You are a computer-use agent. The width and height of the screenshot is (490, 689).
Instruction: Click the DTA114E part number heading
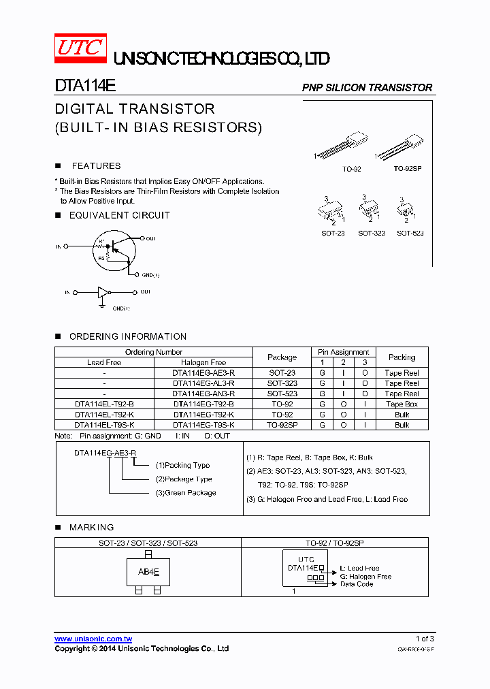(x=85, y=87)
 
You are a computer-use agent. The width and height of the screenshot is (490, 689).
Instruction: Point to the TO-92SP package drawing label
(x=408, y=167)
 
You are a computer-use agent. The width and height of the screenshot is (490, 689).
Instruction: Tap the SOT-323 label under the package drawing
(x=372, y=233)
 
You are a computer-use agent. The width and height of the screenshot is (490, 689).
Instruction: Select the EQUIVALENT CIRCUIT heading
(x=119, y=215)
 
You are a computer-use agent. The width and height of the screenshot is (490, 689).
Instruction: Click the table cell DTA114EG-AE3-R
(x=203, y=373)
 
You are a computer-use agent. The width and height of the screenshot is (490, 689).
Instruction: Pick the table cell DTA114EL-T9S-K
(x=104, y=424)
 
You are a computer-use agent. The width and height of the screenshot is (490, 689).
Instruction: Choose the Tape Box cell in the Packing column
(x=402, y=404)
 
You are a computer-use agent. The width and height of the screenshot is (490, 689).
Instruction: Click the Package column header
(x=282, y=357)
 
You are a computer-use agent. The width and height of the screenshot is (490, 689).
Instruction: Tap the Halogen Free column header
(x=203, y=362)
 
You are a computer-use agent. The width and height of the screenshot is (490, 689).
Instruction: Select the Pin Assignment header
(x=344, y=352)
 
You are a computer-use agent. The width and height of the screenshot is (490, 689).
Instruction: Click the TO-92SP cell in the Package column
(x=282, y=424)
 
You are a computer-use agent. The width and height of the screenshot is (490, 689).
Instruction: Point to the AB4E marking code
(x=148, y=572)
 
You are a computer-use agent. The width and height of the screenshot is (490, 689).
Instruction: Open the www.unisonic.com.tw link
(x=93, y=639)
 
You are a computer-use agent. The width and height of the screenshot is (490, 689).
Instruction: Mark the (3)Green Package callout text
(x=186, y=493)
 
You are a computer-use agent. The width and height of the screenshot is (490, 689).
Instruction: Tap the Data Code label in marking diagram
(x=357, y=584)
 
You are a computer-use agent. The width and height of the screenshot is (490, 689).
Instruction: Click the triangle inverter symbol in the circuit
(x=103, y=292)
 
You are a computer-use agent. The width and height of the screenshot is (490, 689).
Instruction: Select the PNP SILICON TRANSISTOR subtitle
(x=367, y=88)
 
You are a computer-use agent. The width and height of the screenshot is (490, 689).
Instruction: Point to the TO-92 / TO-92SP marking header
(x=335, y=543)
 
